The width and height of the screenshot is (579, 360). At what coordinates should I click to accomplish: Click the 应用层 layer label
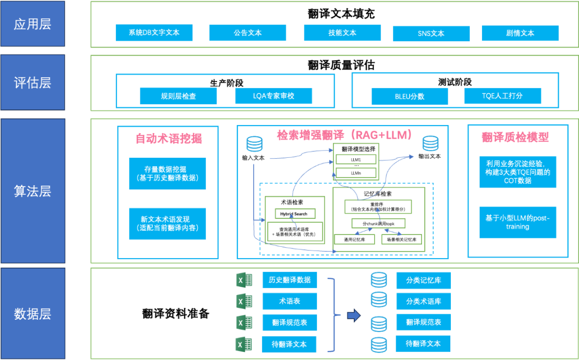[33, 24]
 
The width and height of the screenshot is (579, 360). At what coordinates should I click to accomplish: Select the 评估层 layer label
[33, 83]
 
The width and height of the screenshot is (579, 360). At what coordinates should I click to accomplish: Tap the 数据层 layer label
[33, 313]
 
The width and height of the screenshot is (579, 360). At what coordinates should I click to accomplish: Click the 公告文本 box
[248, 33]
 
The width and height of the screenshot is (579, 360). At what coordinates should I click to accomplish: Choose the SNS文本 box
[431, 33]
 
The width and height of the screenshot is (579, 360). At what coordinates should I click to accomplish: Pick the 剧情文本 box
[520, 33]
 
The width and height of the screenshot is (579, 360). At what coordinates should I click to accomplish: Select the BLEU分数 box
[410, 97]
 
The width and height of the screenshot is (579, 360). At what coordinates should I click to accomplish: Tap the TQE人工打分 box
[502, 96]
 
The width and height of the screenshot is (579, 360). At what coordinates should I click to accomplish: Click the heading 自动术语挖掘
[168, 138]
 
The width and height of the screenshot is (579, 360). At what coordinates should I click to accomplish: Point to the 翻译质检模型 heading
[515, 137]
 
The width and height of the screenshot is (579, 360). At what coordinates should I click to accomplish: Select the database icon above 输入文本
[254, 144]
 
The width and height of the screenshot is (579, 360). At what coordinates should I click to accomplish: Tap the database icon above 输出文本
[430, 144]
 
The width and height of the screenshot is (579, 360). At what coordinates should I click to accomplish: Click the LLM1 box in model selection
[355, 160]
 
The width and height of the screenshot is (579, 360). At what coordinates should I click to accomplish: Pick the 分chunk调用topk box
[378, 223]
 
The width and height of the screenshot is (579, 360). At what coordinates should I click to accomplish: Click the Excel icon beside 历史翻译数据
[244, 281]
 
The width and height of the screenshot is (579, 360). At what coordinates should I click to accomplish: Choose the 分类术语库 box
[424, 301]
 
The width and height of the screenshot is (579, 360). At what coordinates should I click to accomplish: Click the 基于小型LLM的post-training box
[517, 222]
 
